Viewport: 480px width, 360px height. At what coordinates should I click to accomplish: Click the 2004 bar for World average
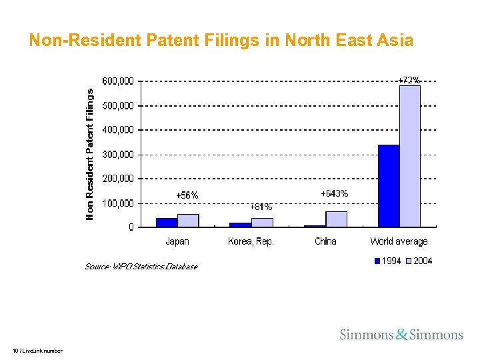[410, 157]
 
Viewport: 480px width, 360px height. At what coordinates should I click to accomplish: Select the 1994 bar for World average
[389, 186]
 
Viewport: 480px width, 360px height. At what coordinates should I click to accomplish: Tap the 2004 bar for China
[336, 219]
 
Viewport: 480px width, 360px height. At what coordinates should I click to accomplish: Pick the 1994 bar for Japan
[167, 223]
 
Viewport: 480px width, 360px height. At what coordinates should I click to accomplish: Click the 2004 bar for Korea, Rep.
[262, 223]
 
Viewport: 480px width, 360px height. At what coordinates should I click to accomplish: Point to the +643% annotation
[334, 193]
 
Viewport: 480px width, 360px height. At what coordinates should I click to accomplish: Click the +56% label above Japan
[187, 195]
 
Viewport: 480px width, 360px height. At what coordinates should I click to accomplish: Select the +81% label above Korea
[261, 207]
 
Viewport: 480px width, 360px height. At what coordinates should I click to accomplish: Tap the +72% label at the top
[409, 81]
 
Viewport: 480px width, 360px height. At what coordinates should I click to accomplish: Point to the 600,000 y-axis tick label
[117, 81]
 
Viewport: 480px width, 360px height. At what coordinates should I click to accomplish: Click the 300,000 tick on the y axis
[117, 154]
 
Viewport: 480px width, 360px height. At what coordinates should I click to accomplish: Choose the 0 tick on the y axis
[131, 227]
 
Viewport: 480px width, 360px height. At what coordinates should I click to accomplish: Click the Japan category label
[177, 241]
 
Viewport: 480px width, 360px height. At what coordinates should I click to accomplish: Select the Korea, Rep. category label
[251, 241]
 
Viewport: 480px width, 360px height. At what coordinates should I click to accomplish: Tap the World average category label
[399, 241]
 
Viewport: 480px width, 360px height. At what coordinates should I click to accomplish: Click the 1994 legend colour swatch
[377, 261]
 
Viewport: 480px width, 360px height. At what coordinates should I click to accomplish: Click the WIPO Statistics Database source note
[141, 267]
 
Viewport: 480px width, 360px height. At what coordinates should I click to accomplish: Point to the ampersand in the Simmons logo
[401, 335]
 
